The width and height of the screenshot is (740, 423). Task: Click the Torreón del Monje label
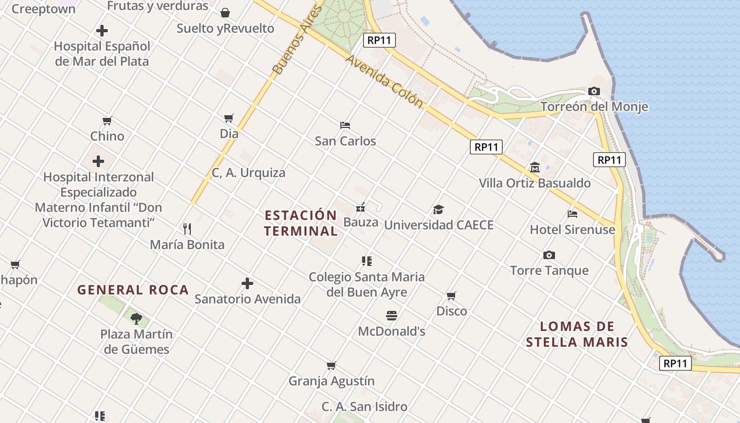tap(594, 107)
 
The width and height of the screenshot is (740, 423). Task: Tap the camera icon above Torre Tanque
tap(549, 255)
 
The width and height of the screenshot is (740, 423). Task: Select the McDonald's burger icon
tap(392, 316)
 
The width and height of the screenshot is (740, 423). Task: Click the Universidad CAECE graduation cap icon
tap(438, 210)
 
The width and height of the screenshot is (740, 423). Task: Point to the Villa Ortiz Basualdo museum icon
tap(534, 168)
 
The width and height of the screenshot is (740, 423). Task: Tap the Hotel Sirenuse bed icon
tap(572, 214)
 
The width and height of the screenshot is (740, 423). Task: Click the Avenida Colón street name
tap(384, 81)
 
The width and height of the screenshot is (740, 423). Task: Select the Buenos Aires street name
tap(297, 40)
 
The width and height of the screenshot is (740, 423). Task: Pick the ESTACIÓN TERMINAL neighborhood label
tap(301, 223)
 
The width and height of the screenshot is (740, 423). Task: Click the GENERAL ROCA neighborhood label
tap(133, 290)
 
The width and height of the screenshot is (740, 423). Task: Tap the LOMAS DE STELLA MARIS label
tap(577, 334)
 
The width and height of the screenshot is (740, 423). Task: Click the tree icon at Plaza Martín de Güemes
tap(136, 318)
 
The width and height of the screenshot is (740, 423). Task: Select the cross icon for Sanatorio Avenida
tap(247, 283)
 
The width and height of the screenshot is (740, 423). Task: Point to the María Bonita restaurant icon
tap(187, 229)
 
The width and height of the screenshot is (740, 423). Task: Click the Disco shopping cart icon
tap(451, 296)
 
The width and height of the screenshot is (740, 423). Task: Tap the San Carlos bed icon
tap(345, 125)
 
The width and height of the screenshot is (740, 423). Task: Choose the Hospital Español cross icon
tap(102, 31)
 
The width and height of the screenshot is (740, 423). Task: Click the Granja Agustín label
tap(331, 381)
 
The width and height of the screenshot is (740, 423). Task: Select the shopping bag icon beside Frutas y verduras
tap(225, 12)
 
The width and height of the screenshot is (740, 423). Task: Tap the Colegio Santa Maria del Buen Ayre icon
tap(367, 261)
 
